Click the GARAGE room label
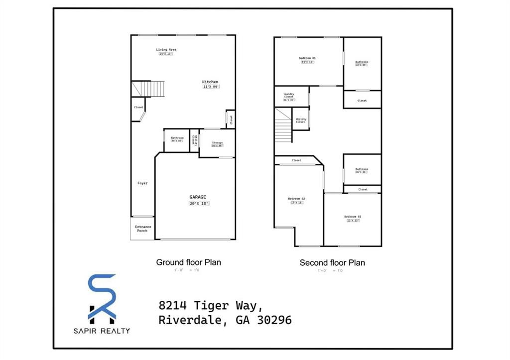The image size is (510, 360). point(197,197)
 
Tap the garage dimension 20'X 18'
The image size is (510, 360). point(199,204)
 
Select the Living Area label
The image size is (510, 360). point(166,50)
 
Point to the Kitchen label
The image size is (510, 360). point(210,82)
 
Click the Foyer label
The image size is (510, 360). point(142,183)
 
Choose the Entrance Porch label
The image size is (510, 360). point(143,229)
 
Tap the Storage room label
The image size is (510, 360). point(217,143)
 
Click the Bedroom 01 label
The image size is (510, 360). point(307,58)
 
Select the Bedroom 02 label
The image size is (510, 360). point(296,199)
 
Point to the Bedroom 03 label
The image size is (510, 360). point(353,217)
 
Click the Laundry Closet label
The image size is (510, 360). point(289,95)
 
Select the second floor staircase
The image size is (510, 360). point(283,127)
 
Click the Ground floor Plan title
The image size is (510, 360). point(188,262)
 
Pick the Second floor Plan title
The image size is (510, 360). point(332,262)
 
